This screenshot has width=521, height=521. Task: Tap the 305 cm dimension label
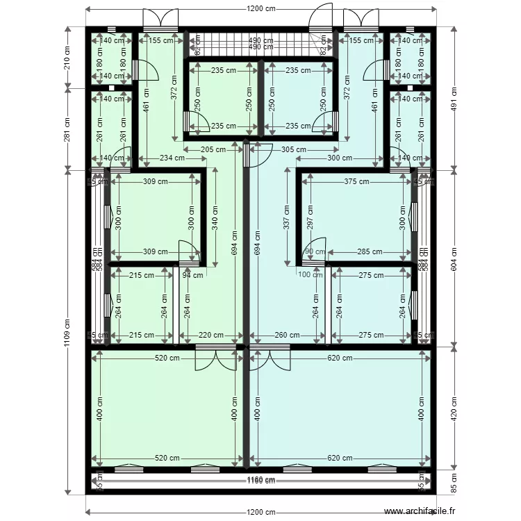pyautogui.click(x=294, y=149)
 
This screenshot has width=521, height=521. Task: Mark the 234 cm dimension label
pyautogui.click(x=172, y=158)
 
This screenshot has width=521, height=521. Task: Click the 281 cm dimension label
pyautogui.click(x=67, y=129)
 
